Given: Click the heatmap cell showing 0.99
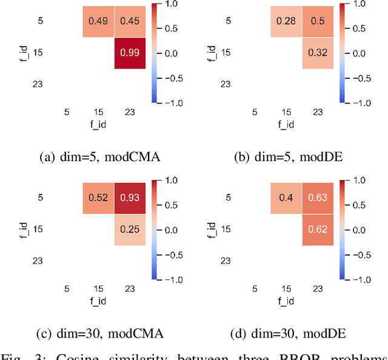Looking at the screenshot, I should (129, 53).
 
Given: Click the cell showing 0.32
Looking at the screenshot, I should (317, 53).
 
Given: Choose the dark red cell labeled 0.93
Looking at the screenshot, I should (129, 198).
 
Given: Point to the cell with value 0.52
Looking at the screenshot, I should (98, 198).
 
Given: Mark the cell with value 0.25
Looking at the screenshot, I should (129, 229).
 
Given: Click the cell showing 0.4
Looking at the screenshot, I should (286, 198).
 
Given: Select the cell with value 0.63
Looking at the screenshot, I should (317, 198).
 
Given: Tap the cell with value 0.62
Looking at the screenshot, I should (317, 229).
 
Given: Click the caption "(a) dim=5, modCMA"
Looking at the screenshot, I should (96, 158).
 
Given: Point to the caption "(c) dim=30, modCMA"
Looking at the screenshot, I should (96, 333).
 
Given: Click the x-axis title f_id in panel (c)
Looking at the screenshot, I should (98, 299).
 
